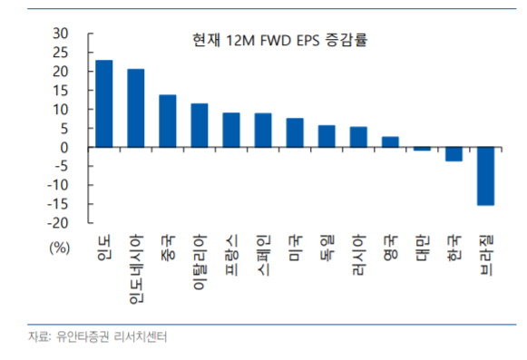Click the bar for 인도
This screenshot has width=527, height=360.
coord(104,103)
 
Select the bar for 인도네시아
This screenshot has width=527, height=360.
coord(136,108)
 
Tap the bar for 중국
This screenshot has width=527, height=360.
coord(168,121)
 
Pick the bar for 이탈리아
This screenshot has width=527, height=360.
coord(200,125)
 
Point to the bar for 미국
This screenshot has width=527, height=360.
coord(295,132)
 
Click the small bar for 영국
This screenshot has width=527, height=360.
coord(390,141)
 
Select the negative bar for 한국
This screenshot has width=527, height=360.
coord(454,154)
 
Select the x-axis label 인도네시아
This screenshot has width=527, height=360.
coord(136,268)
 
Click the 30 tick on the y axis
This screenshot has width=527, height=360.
coord(62,34)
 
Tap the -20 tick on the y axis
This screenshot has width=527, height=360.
coord(59,223)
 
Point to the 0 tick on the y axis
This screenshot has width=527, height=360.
coord(65,147)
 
